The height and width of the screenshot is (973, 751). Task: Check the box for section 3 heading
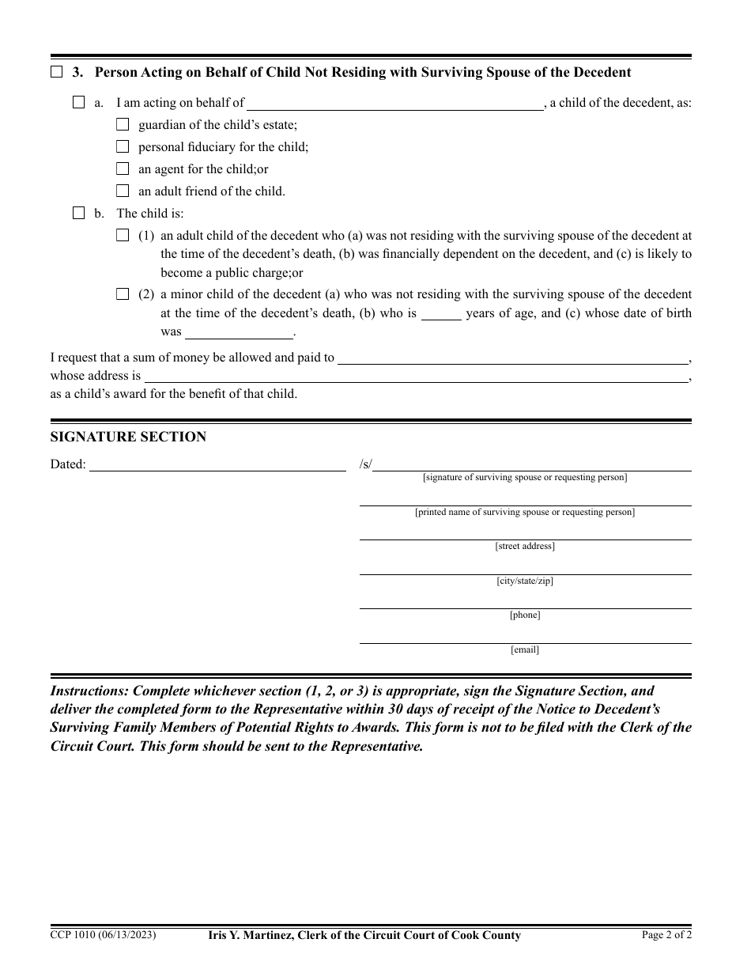(56, 73)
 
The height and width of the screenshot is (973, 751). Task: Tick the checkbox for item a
(78, 102)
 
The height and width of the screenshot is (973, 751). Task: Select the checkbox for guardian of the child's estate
(123, 124)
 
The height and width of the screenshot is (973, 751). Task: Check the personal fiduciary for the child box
(123, 146)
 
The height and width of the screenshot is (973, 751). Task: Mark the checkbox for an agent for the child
(123, 168)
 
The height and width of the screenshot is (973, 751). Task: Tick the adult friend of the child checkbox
(123, 191)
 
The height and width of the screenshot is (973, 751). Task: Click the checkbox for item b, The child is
(78, 213)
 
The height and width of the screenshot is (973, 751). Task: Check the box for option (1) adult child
(123, 235)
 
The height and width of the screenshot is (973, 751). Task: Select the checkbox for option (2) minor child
(123, 294)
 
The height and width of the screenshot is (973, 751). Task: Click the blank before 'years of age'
(441, 315)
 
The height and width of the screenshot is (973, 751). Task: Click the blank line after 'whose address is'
(415, 377)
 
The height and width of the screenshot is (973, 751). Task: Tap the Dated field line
(217, 466)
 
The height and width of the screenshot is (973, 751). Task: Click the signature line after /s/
(531, 466)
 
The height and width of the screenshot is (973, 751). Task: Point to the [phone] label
(525, 615)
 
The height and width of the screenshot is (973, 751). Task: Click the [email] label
(525, 650)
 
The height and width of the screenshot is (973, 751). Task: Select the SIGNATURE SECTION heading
(128, 437)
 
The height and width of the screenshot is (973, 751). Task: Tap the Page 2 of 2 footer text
(666, 935)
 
